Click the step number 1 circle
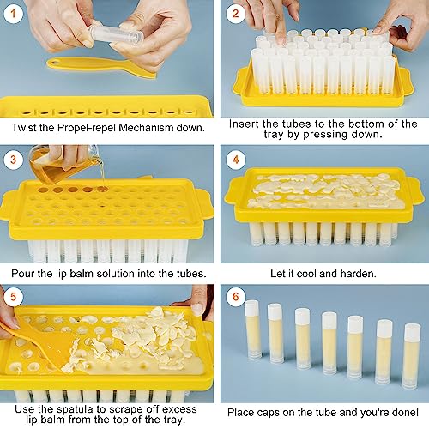coord(13,14)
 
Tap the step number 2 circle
coord(235,14)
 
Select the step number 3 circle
coord(13,160)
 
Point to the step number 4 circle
coord(235,160)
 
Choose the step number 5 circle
coord(13,297)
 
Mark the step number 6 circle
coord(235,297)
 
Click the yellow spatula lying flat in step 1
coord(101,67)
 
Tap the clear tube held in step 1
coord(118,34)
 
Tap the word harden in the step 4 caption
coord(358,274)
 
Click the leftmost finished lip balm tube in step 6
coord(253,329)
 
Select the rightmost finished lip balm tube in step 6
coord(412,356)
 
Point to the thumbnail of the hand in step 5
coord(196,310)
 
